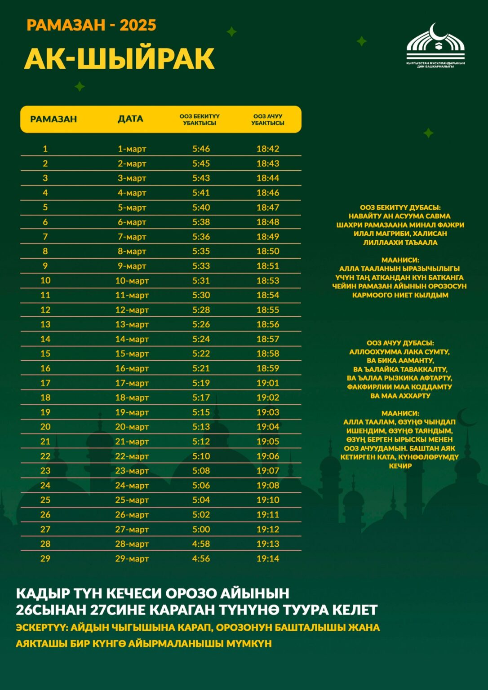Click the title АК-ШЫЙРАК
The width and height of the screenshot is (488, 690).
[x=119, y=59]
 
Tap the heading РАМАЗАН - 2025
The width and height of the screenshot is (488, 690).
[x=91, y=25]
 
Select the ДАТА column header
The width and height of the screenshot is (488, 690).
[x=130, y=119]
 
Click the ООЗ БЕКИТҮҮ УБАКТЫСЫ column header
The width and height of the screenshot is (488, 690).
[x=200, y=119]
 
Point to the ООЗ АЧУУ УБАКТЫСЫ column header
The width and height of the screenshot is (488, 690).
[x=268, y=119]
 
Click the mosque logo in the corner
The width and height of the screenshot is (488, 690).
[x=435, y=45]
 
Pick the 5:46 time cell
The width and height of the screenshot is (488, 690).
[x=201, y=149]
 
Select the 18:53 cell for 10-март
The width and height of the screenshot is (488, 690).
[x=268, y=280]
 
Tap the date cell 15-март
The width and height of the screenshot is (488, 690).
[x=132, y=354]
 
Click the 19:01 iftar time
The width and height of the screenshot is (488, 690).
[x=268, y=383]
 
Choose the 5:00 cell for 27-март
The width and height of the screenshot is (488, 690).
[x=201, y=529]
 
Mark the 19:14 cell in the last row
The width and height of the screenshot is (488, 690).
[x=268, y=558]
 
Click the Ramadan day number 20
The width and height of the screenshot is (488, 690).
[x=45, y=427]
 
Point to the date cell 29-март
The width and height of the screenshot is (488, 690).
[x=132, y=558]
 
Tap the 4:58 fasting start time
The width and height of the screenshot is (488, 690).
[x=201, y=544]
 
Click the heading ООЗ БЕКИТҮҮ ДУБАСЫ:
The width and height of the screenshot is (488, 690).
[x=400, y=208]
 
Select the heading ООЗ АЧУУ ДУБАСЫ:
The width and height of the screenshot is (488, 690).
[x=400, y=343]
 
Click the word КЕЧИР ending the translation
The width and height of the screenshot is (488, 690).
[x=400, y=466]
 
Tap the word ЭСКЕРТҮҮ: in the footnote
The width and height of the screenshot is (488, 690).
[x=41, y=628]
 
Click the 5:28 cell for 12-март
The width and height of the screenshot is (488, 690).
[x=201, y=310]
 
